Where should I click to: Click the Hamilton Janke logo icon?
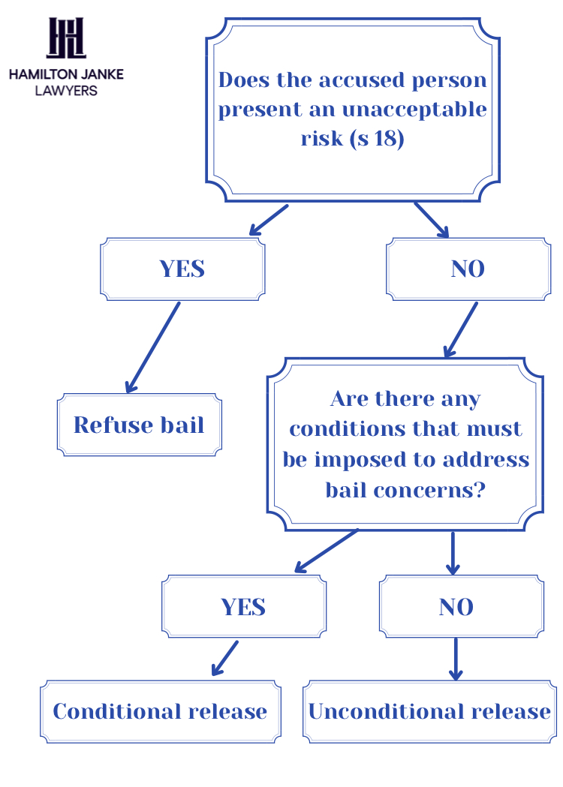[66, 38]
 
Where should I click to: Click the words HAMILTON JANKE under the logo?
[66, 74]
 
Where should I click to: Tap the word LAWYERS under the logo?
[66, 90]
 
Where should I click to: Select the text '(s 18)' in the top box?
[377, 139]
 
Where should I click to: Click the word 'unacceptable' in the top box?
[414, 110]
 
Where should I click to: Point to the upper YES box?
[182, 269]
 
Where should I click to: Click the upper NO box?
[468, 269]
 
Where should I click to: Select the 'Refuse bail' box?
[139, 425]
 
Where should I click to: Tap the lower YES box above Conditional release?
[243, 606]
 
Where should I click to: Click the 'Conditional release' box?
[160, 711]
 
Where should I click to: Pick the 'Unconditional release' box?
[429, 711]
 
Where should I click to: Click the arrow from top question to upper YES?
[268, 220]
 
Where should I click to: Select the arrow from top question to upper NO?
[432, 220]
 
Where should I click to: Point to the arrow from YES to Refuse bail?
[153, 347]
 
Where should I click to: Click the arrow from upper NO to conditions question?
[461, 329]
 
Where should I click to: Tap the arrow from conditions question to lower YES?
[326, 551]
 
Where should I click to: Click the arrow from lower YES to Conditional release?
[224, 658]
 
